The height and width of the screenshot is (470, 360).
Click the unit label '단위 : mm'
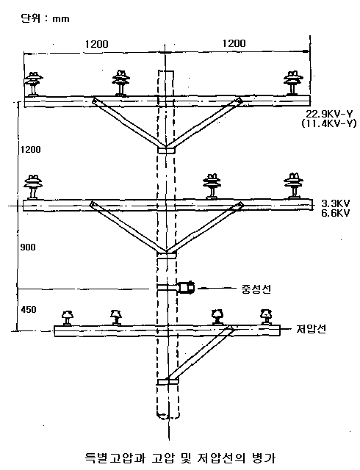(45, 19)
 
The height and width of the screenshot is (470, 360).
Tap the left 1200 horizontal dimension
(96, 44)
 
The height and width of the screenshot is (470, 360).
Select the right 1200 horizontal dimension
(234, 43)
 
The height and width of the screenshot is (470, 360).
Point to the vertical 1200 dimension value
(30, 149)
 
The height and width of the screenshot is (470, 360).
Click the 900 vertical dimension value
(28, 247)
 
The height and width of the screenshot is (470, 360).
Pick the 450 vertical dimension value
(29, 309)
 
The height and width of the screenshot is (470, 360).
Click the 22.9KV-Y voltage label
(329, 115)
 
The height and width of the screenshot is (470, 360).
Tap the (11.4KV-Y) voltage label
(329, 123)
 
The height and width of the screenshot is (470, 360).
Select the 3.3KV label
(336, 204)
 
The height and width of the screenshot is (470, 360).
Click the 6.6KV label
(336, 213)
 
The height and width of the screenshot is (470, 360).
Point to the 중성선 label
(256, 289)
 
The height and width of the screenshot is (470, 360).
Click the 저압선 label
(311, 329)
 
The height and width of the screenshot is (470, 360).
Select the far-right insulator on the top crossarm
(293, 83)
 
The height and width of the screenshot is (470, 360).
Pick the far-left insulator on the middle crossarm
(33, 187)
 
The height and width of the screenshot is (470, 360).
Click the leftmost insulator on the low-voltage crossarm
(67, 318)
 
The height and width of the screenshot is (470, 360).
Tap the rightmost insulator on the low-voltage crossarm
(266, 317)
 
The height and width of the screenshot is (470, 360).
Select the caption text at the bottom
(180, 458)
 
